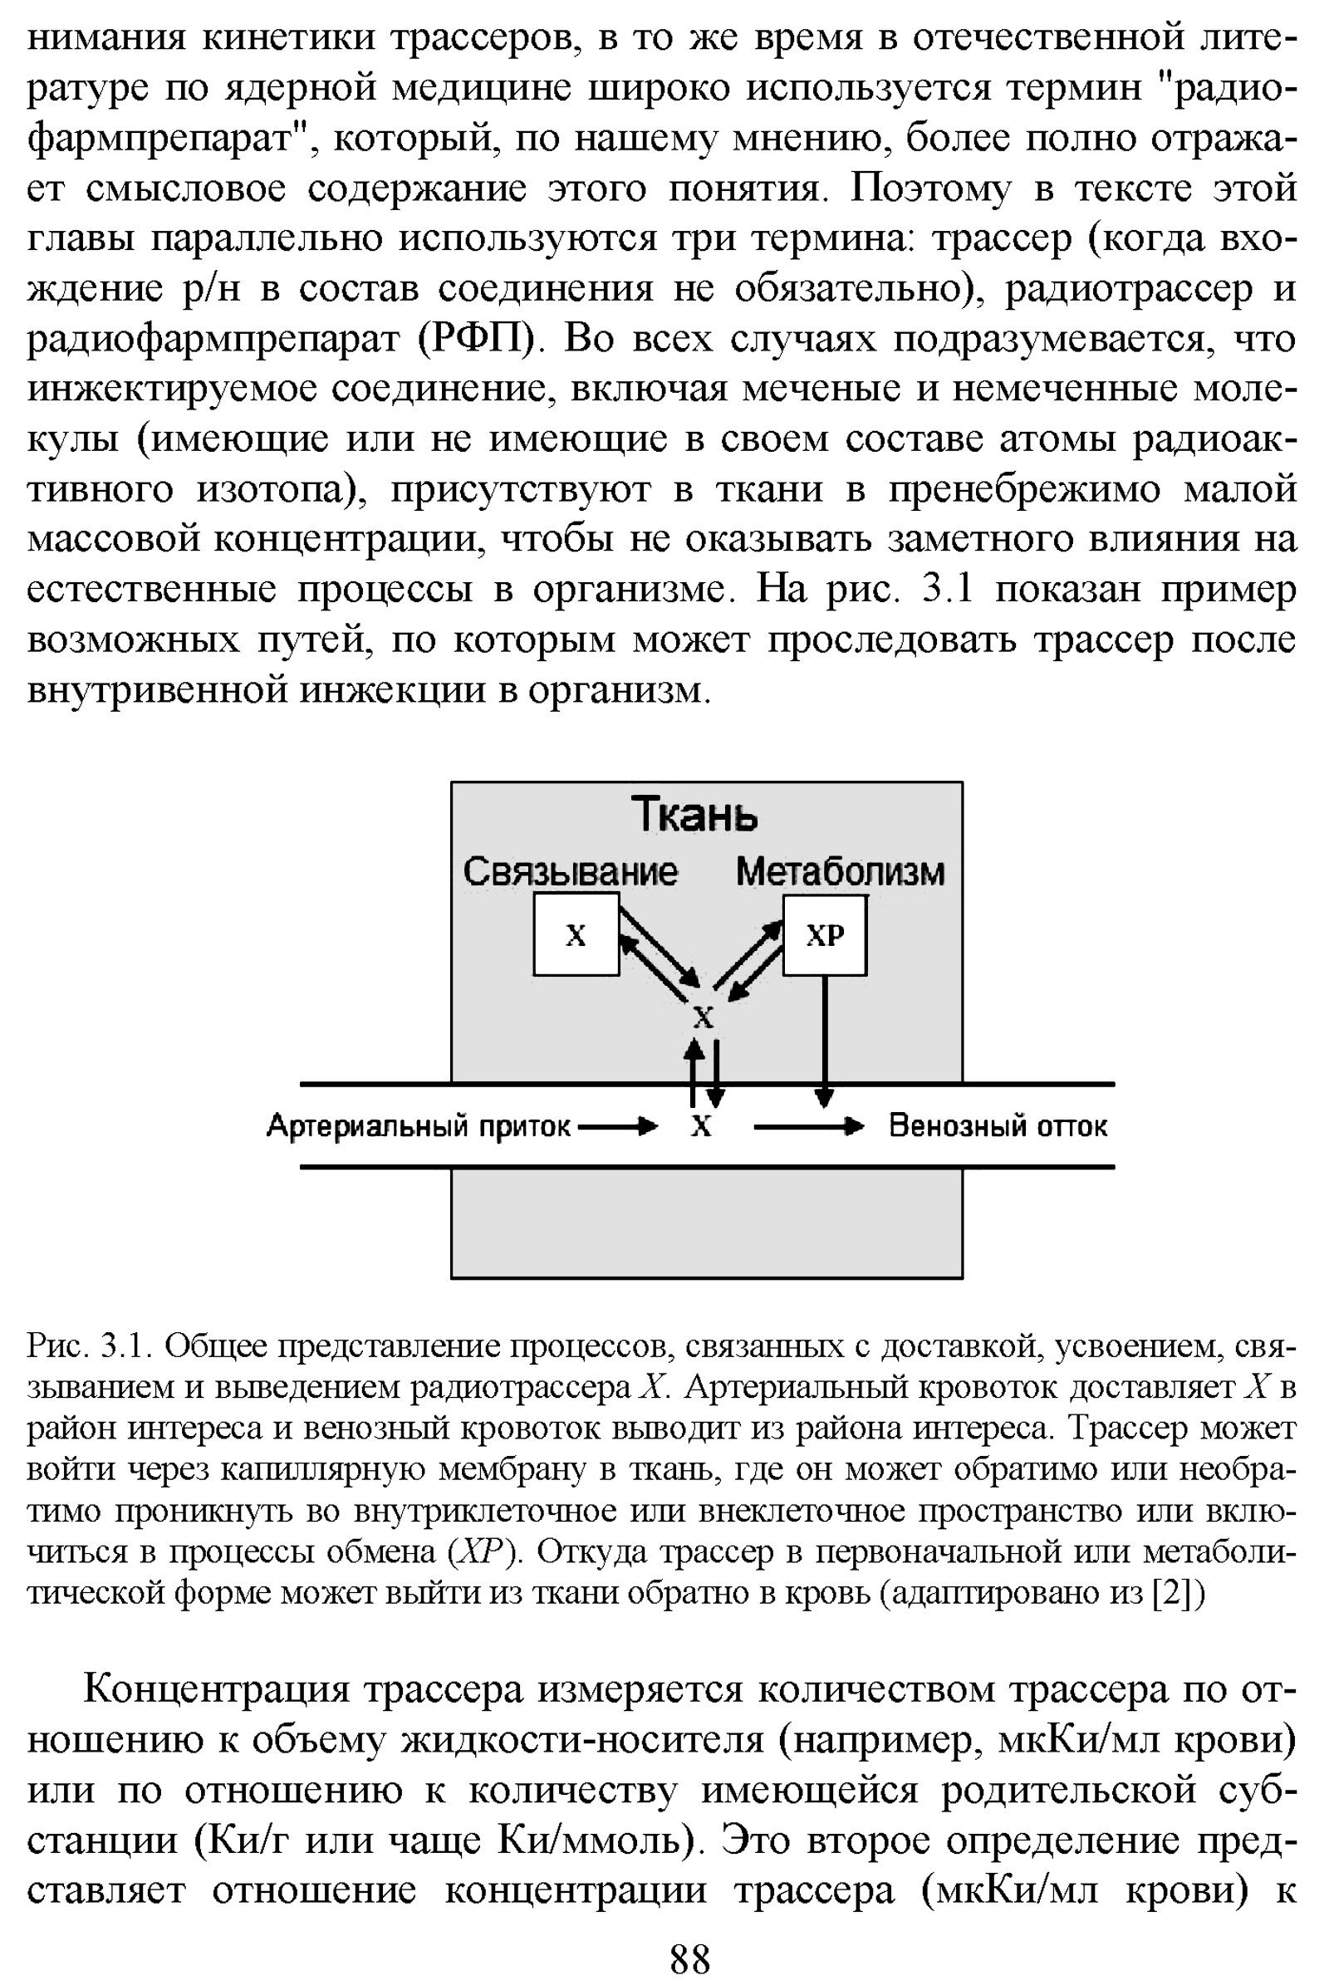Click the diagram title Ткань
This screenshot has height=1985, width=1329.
[x=694, y=816]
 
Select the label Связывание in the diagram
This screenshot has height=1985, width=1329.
[x=571, y=871]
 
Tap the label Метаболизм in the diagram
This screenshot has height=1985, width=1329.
[x=840, y=871]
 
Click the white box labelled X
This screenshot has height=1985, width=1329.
[x=576, y=935]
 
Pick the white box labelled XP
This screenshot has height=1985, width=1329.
[x=825, y=935]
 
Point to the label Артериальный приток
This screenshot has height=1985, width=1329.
[x=419, y=1125]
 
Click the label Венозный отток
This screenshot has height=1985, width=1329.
[x=998, y=1125]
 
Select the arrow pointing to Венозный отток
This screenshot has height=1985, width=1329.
[x=808, y=1126]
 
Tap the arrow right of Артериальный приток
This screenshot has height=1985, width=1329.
[x=618, y=1126]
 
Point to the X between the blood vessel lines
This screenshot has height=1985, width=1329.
[x=701, y=1126]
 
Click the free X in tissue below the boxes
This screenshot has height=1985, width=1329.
[x=704, y=1017]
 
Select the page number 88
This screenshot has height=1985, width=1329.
[x=690, y=1958]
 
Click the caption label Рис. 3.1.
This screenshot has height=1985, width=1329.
[x=89, y=1345]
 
